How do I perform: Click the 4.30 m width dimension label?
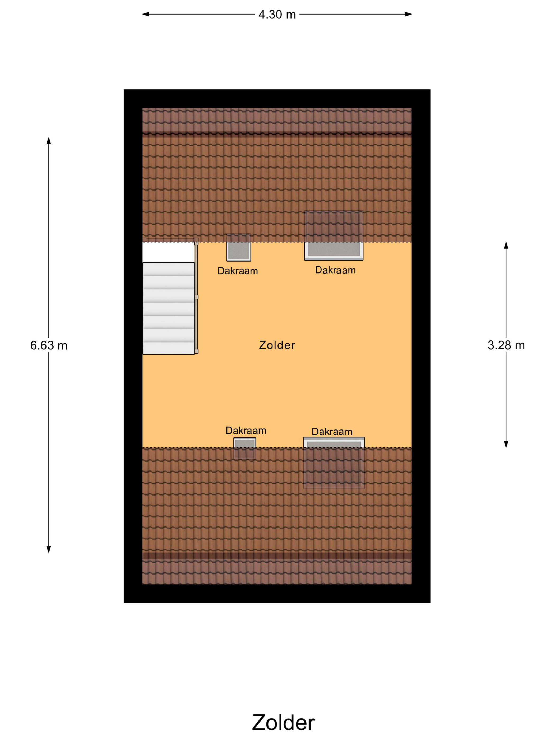(x=277, y=15)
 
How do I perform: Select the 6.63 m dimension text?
(x=49, y=345)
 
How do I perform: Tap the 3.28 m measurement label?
(x=506, y=345)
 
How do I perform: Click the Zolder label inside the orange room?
(x=277, y=345)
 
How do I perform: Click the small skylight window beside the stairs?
(x=239, y=248)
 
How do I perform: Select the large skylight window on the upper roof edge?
(x=334, y=235)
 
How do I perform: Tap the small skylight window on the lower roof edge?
(x=244, y=448)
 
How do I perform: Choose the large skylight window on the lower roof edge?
(x=334, y=463)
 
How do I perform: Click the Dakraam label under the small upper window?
(x=238, y=271)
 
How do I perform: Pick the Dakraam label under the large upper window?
(x=335, y=270)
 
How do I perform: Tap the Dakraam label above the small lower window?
(x=246, y=431)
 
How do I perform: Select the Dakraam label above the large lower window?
(x=332, y=432)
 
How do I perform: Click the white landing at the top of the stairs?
(x=168, y=252)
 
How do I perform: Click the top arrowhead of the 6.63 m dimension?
(x=49, y=141)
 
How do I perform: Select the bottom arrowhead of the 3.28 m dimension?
(x=506, y=444)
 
